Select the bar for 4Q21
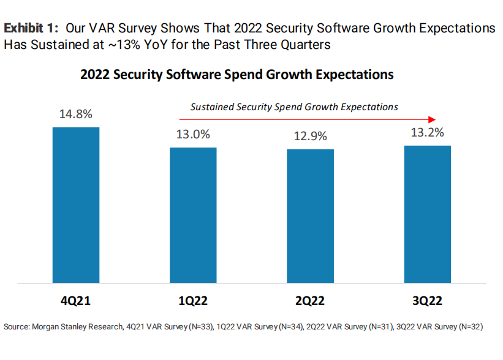76,205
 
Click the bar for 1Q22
193,216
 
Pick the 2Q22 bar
311,216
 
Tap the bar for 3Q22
428,214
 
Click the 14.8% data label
75,114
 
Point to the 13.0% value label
193,134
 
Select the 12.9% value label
310,136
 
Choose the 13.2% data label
427,132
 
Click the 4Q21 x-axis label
76,302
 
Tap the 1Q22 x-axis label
193,302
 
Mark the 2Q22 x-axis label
311,302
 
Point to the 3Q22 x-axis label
428,302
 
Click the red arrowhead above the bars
432,119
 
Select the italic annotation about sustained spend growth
294,107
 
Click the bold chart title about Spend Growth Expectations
236,75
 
